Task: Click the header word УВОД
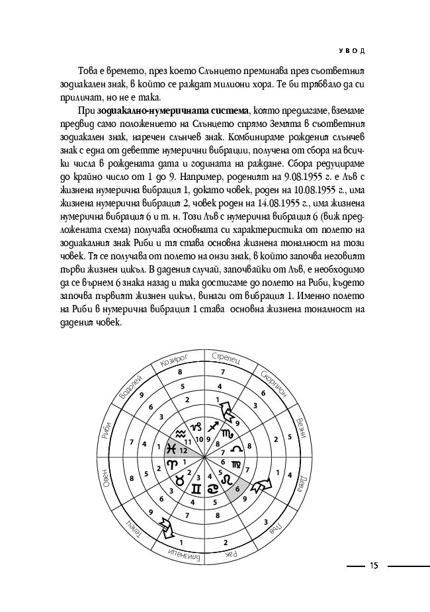coord(353,50)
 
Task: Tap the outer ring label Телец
coord(131,526)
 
